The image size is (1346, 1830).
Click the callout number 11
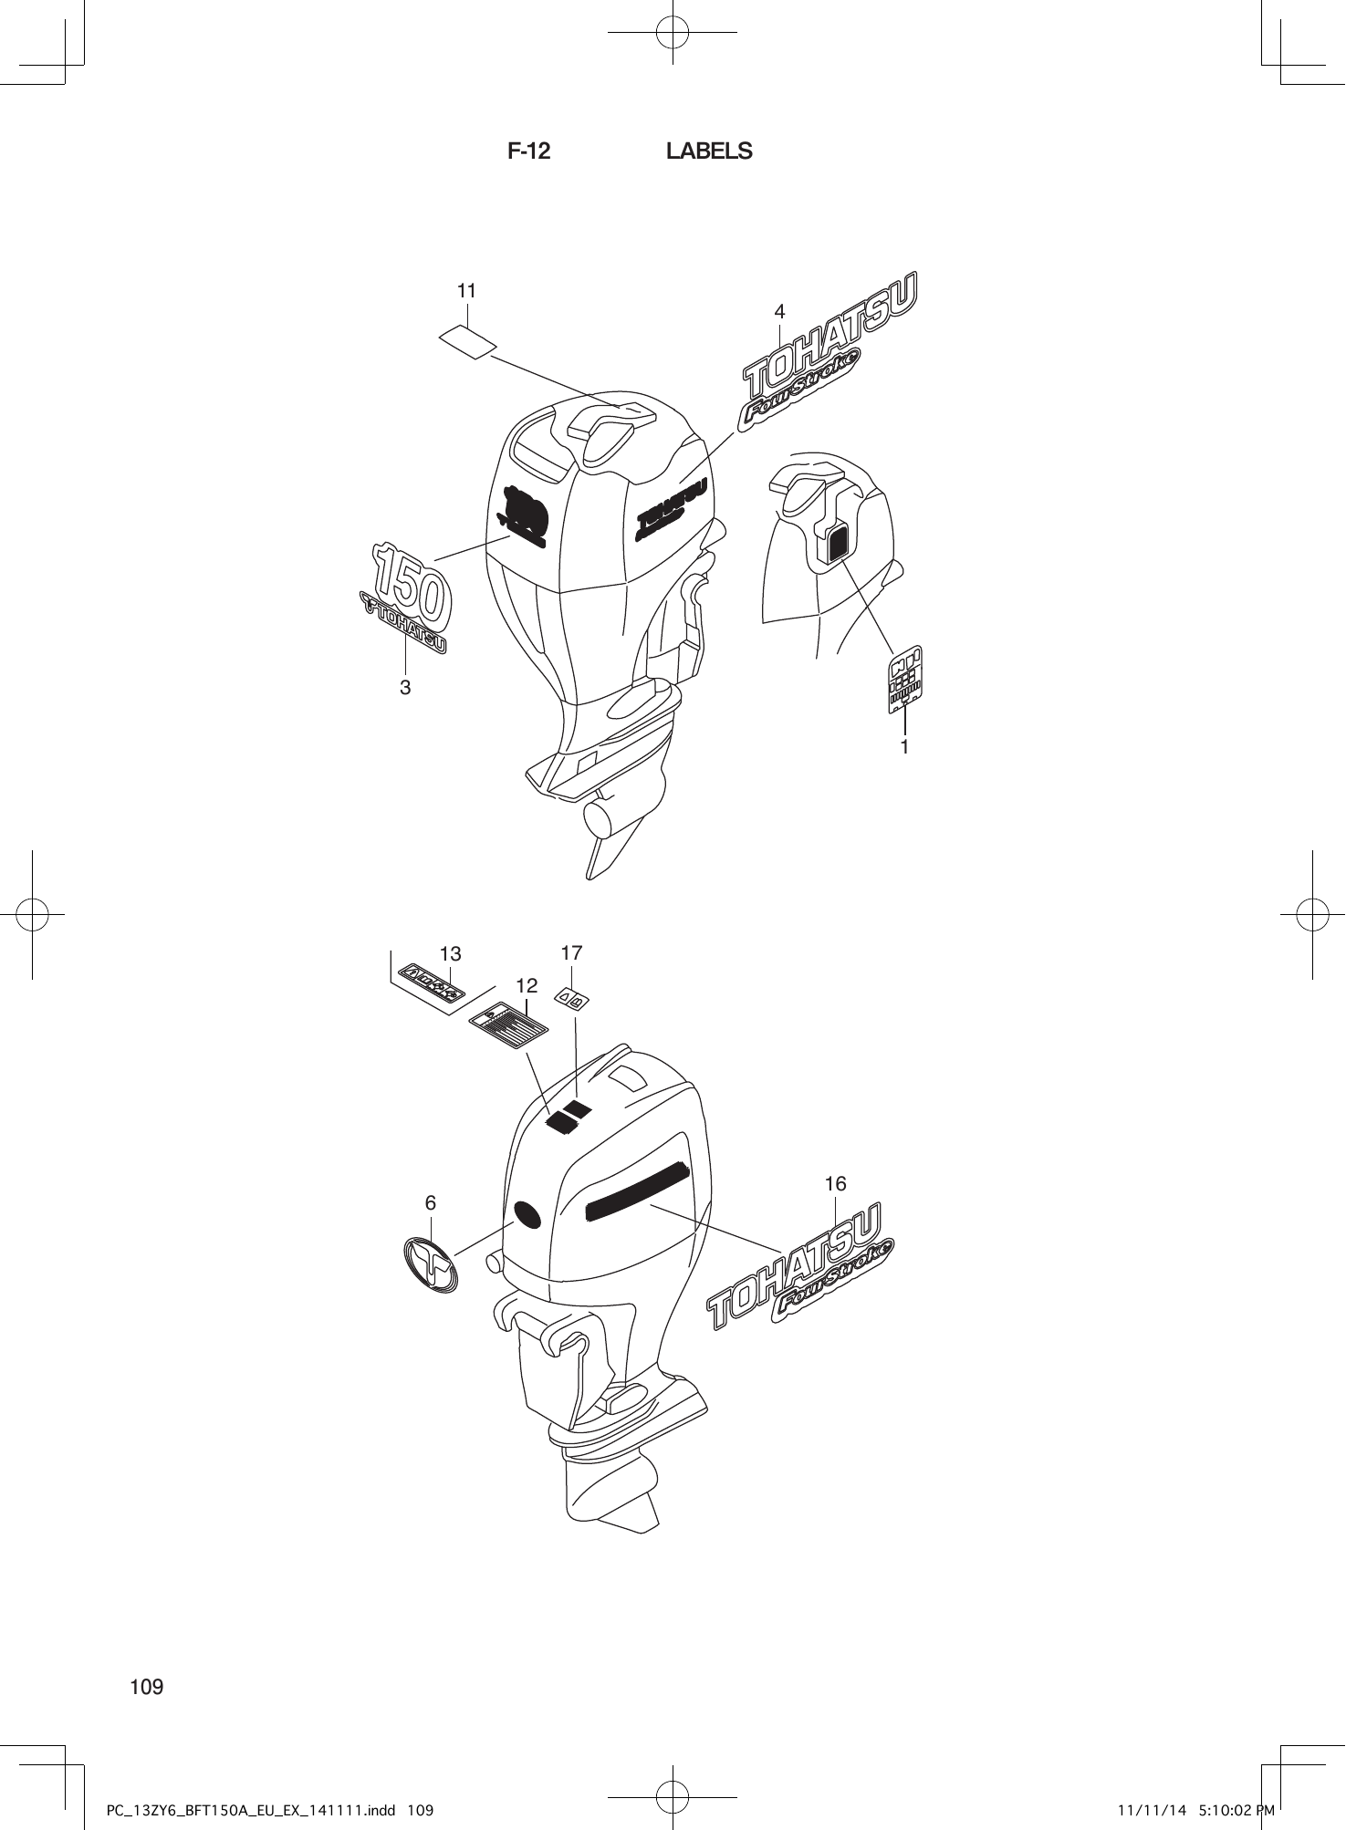466,291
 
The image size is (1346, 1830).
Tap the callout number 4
779,312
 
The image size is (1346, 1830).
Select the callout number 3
405,687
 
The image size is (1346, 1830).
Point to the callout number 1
904,747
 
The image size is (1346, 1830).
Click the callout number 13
451,954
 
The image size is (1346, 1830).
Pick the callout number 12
527,985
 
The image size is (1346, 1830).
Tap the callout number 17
571,953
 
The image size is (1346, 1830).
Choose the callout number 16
835,1184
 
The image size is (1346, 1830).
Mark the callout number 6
431,1203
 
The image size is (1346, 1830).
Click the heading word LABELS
709,151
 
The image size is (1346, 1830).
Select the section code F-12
529,151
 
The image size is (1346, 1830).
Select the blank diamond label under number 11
467,342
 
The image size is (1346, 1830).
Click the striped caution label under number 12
508,1022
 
